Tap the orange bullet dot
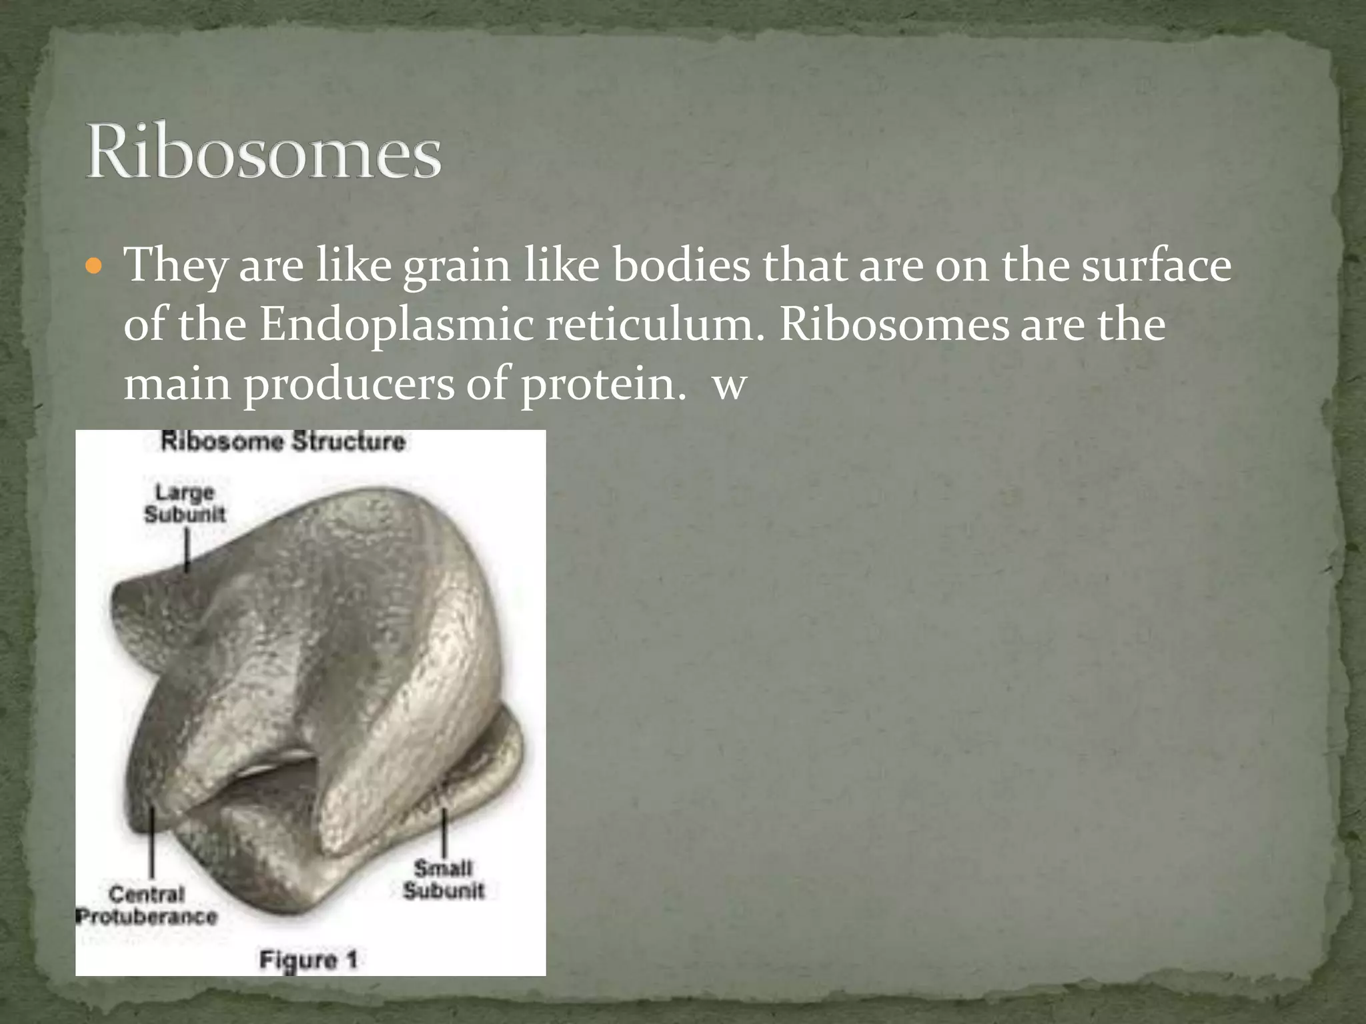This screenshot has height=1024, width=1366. (95, 267)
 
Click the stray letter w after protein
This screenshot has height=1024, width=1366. (729, 387)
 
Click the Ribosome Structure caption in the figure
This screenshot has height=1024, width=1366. (283, 441)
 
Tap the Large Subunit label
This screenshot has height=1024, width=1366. (185, 503)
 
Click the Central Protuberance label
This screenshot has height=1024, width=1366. (147, 905)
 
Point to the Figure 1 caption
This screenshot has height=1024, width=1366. (308, 960)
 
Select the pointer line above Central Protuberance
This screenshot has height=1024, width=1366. (153, 843)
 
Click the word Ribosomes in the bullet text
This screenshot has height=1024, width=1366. (894, 325)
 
